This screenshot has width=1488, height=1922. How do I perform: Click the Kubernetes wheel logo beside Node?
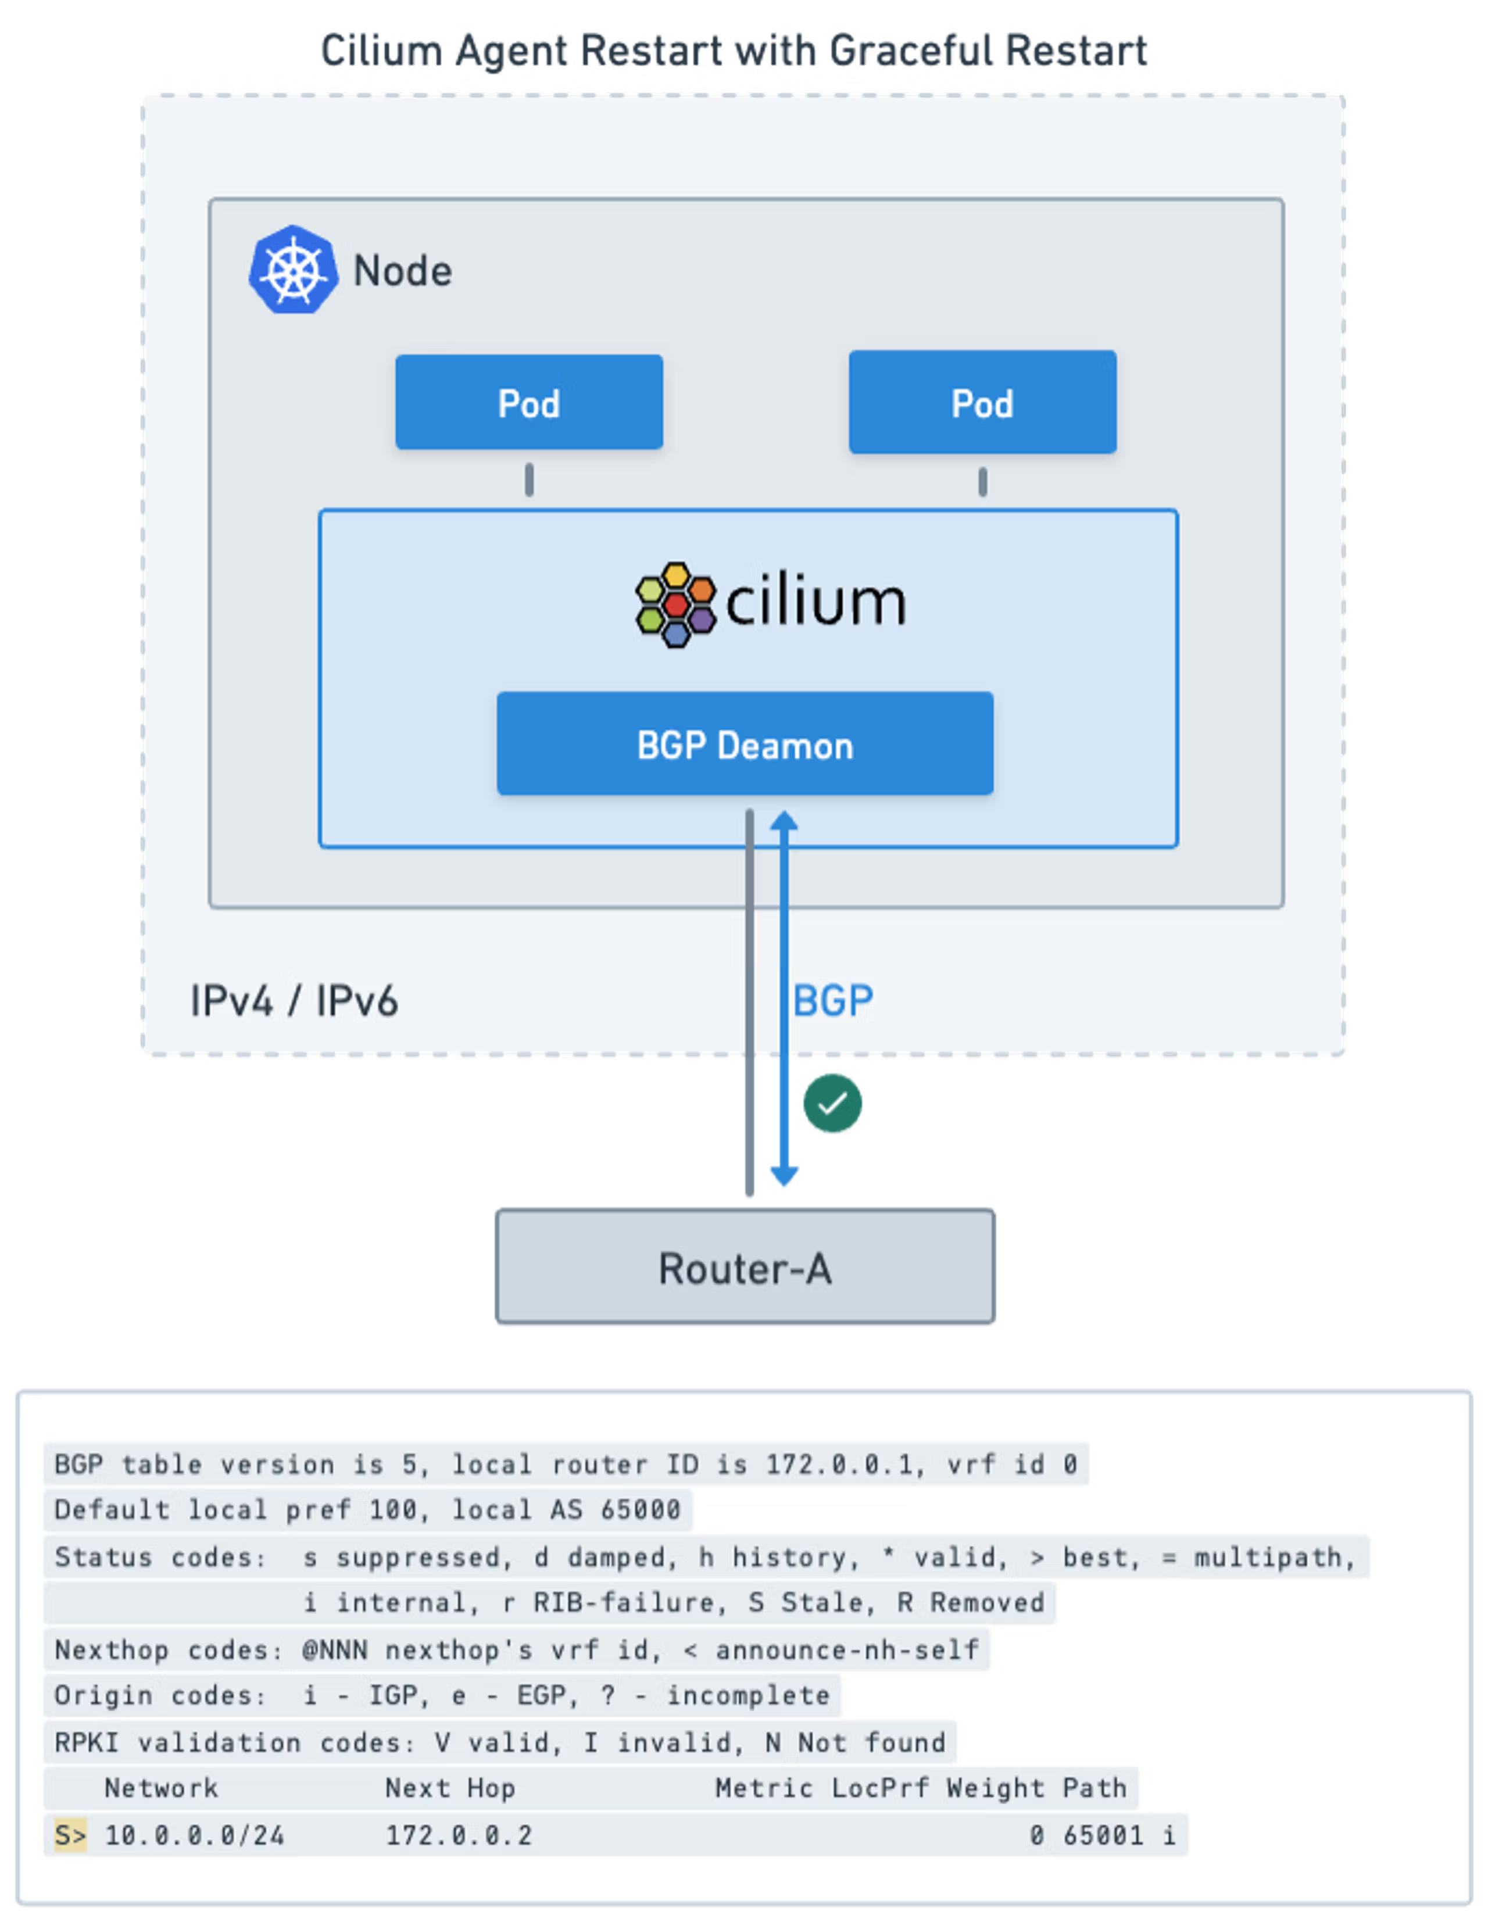(293, 270)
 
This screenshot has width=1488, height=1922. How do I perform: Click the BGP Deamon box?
(745, 745)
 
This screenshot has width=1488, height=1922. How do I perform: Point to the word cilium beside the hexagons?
(815, 603)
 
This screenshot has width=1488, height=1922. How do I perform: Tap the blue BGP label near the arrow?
(832, 1001)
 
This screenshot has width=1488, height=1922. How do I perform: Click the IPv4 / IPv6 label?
(294, 1001)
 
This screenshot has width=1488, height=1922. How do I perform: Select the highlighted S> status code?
(70, 1835)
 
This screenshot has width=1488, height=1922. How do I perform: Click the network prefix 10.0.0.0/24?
(195, 1835)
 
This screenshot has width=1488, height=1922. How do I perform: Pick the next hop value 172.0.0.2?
(459, 1835)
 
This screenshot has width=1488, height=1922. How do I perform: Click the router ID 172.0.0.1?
(839, 1463)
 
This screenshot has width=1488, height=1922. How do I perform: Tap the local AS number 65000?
(641, 1509)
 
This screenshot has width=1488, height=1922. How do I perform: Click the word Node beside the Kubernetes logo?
(402, 271)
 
